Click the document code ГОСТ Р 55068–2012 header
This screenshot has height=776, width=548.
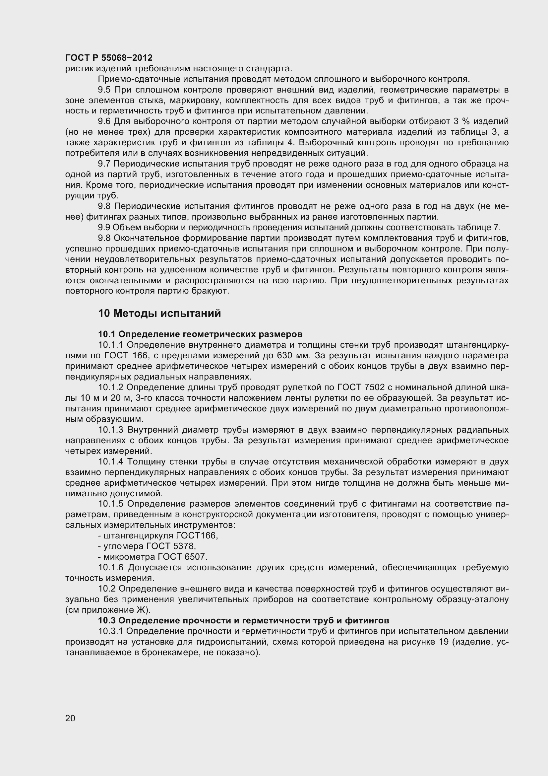[x=109, y=58]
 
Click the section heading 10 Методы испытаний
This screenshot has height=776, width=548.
[x=159, y=313]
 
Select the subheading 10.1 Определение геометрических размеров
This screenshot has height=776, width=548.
[x=200, y=334]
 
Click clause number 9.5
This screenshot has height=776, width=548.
[x=105, y=90]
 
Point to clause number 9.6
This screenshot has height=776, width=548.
[x=105, y=121]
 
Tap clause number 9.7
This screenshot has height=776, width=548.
[x=105, y=164]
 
